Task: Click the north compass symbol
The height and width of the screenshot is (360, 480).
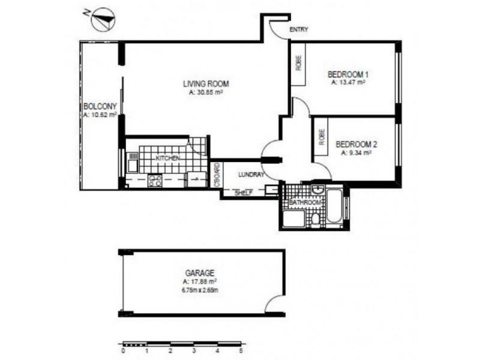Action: coord(103,19)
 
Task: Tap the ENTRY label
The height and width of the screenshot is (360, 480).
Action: coord(298,29)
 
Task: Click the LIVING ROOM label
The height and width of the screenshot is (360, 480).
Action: coord(206,84)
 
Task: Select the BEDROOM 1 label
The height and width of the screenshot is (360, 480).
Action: coord(348,74)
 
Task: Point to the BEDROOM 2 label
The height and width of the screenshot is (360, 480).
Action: coord(356,145)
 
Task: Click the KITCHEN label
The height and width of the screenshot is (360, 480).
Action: coord(168,157)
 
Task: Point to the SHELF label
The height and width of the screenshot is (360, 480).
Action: coord(242,193)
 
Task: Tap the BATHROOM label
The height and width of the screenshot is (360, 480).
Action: coord(304,203)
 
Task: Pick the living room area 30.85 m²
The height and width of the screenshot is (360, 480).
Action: coord(206,92)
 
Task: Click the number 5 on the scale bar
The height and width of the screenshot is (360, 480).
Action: coord(241,352)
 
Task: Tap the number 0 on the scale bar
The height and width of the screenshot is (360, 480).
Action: coord(122,352)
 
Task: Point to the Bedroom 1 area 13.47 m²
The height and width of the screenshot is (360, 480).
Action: coord(349,83)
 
